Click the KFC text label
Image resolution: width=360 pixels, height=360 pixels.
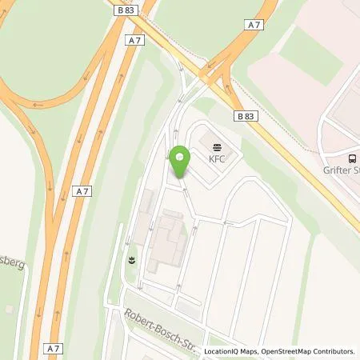[218, 158]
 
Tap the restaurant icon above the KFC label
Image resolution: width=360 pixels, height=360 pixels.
[218, 145]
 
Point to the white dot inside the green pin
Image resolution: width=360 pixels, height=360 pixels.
[180, 157]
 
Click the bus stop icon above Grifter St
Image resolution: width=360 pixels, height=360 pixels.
[353, 157]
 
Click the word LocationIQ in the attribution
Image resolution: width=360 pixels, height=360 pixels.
[221, 351]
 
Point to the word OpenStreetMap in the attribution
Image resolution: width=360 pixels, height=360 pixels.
[282, 351]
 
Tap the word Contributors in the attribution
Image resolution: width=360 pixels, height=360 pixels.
[332, 351]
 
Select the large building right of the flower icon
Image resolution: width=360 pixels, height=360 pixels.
[167, 236]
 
